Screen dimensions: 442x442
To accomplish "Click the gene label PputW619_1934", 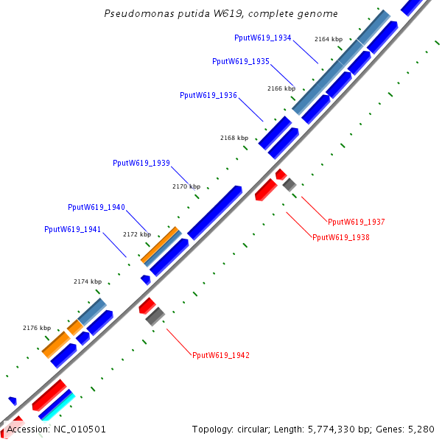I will [x=263, y=38].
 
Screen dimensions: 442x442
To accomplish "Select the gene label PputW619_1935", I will [x=240, y=61].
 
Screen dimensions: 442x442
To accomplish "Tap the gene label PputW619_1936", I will [x=208, y=95].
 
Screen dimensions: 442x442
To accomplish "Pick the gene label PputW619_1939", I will [x=141, y=163].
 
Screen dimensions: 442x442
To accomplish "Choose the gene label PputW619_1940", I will [x=97, y=207].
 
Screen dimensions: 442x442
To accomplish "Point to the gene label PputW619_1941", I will [x=73, y=229].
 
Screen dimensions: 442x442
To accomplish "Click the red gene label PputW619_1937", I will [x=357, y=222].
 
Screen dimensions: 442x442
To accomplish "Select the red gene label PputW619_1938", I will [x=341, y=237].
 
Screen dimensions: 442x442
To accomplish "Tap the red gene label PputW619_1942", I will [x=221, y=355].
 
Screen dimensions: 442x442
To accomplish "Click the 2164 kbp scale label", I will [x=329, y=39].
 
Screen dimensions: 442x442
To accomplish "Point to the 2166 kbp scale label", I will [x=281, y=88].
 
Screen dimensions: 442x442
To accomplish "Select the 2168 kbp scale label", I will [x=234, y=138].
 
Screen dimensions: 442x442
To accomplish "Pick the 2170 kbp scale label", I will [x=186, y=186].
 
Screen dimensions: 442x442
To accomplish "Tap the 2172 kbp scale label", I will [x=137, y=234].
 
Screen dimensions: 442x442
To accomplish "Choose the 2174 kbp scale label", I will [x=88, y=281].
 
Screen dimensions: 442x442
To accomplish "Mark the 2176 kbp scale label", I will [x=37, y=328].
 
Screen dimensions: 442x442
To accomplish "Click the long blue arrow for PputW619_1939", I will [x=214, y=212].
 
